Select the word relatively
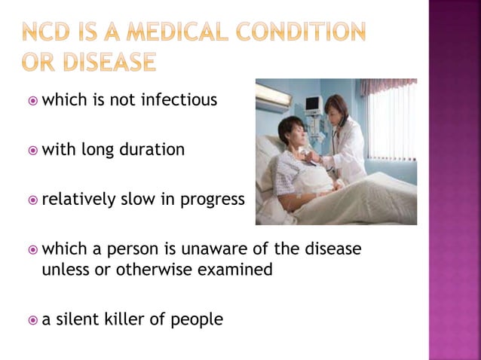(x=78, y=200)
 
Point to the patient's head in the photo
(x=290, y=131)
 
